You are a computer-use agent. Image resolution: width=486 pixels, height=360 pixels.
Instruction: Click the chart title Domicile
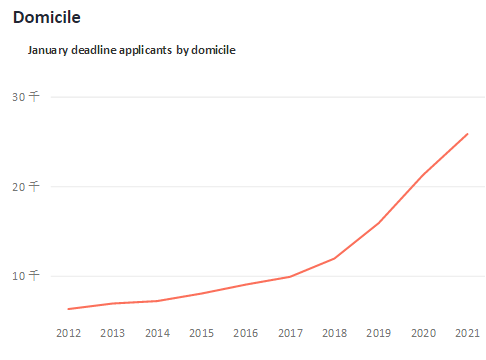point(46,18)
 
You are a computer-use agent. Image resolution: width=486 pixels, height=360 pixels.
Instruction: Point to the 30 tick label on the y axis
point(26,96)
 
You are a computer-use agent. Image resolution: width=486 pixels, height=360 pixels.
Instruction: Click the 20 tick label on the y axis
point(26,186)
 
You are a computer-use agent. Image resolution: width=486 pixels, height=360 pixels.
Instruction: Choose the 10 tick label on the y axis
point(26,275)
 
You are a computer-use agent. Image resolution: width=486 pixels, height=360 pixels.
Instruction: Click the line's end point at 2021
point(468,133)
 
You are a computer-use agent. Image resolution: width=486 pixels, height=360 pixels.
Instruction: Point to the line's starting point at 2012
point(68,309)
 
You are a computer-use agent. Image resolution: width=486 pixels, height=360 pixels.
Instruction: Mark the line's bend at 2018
point(335,258)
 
